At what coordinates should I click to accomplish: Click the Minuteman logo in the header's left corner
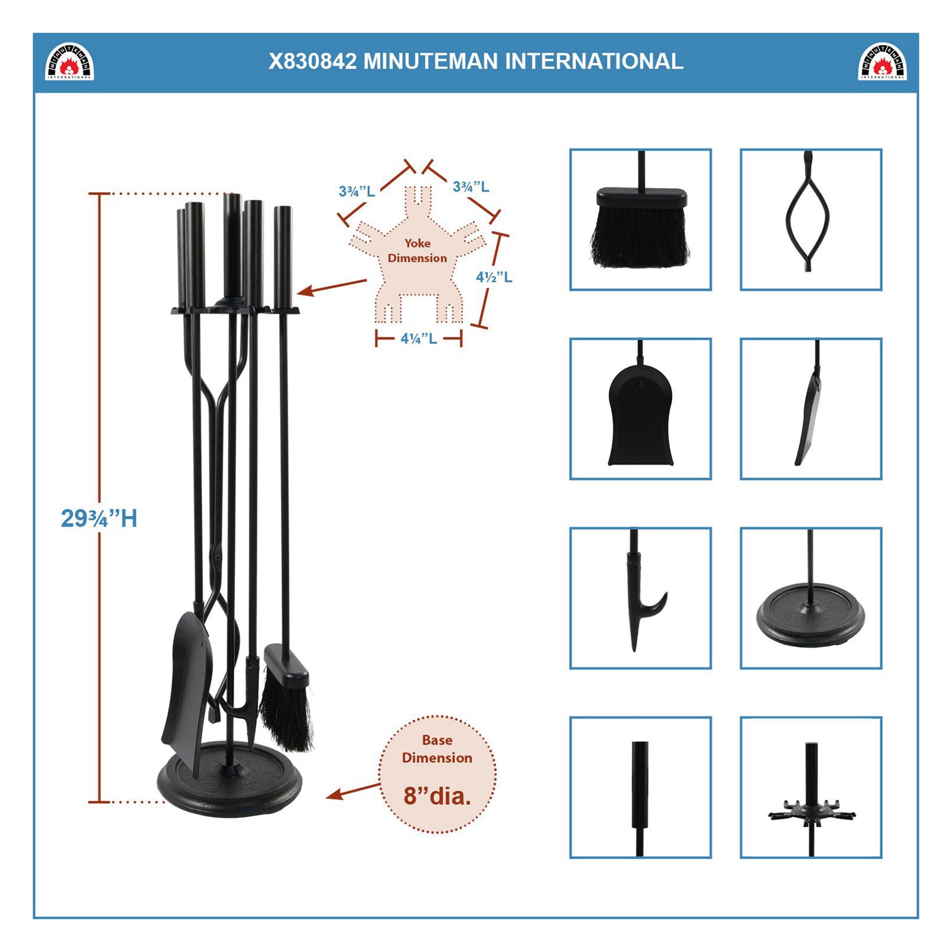pyautogui.click(x=70, y=61)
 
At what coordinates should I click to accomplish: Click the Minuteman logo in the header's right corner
pyautogui.click(x=882, y=61)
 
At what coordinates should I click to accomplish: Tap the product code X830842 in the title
pyautogui.click(x=312, y=61)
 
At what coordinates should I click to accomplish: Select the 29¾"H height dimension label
pyautogui.click(x=99, y=518)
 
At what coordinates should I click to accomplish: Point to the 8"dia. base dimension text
pyautogui.click(x=437, y=796)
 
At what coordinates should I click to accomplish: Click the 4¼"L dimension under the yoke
pyautogui.click(x=418, y=339)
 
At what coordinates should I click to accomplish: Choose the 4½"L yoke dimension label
pyautogui.click(x=494, y=277)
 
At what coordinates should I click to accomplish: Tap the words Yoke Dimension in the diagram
pyautogui.click(x=417, y=250)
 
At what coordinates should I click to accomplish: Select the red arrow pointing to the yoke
pyautogui.click(x=331, y=287)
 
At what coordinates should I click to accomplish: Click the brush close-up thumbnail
pyautogui.click(x=640, y=220)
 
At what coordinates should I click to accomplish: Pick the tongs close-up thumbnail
pyautogui.click(x=810, y=220)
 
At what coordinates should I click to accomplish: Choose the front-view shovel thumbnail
pyautogui.click(x=640, y=409)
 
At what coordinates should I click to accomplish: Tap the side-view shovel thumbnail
pyautogui.click(x=810, y=409)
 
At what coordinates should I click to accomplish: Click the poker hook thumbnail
pyautogui.click(x=640, y=598)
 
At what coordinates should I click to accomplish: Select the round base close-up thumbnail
pyautogui.click(x=810, y=598)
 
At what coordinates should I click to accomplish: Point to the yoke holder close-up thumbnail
pyautogui.click(x=810, y=787)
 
